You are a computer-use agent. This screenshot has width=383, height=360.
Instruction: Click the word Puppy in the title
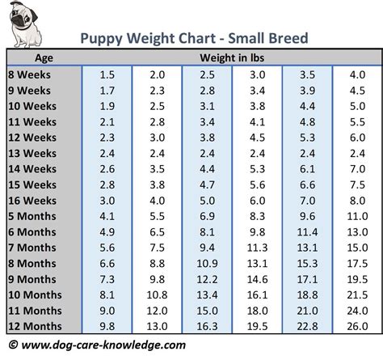(x=103, y=38)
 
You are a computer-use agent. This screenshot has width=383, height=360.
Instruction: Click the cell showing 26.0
(x=356, y=326)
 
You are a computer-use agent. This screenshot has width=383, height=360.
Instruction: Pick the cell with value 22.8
(x=308, y=326)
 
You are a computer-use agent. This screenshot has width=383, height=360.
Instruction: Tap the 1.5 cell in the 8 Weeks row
(x=107, y=75)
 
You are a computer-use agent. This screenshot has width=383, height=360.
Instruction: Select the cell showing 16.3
(x=208, y=326)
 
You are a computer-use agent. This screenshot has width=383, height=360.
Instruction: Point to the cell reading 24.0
(x=356, y=311)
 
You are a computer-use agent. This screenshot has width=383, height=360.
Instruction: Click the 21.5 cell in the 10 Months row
(x=356, y=294)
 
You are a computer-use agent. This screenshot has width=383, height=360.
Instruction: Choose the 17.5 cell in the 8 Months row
(x=356, y=264)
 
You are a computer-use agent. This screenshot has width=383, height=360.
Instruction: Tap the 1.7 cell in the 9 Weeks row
(x=107, y=91)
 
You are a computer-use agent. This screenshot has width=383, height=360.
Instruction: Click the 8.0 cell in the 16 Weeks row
(x=356, y=201)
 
